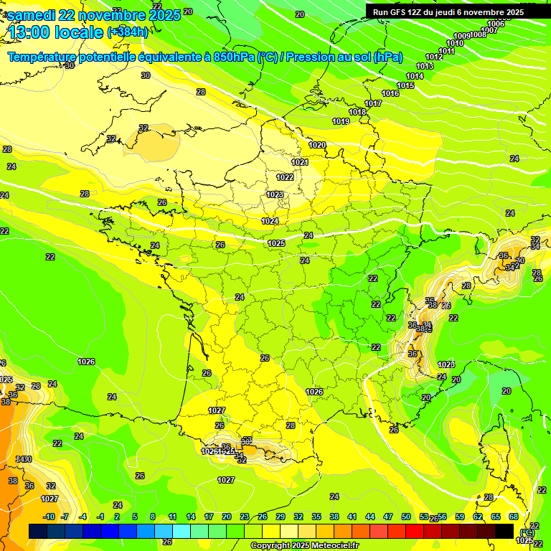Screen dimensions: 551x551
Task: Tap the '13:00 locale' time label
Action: point(56,32)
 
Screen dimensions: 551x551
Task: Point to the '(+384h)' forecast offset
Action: point(128,32)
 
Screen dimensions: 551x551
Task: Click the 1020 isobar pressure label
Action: point(317,145)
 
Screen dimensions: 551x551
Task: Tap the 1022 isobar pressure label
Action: point(285,177)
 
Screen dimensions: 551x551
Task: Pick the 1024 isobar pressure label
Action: point(270,222)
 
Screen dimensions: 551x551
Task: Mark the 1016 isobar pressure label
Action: point(390,94)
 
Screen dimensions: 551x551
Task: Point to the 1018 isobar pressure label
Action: point(357,113)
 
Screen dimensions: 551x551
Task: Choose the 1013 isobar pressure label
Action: point(425,67)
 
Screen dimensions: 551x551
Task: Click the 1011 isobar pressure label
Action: point(447,52)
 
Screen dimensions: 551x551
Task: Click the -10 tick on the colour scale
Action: point(49,517)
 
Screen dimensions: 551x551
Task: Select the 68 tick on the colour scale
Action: point(514,517)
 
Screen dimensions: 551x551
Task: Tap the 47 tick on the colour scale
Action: point(388,517)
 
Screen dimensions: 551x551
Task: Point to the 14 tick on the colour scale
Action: point(191,517)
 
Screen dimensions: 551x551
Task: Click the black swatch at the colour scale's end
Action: point(504,530)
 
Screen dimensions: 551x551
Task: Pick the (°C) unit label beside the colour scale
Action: point(528,532)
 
